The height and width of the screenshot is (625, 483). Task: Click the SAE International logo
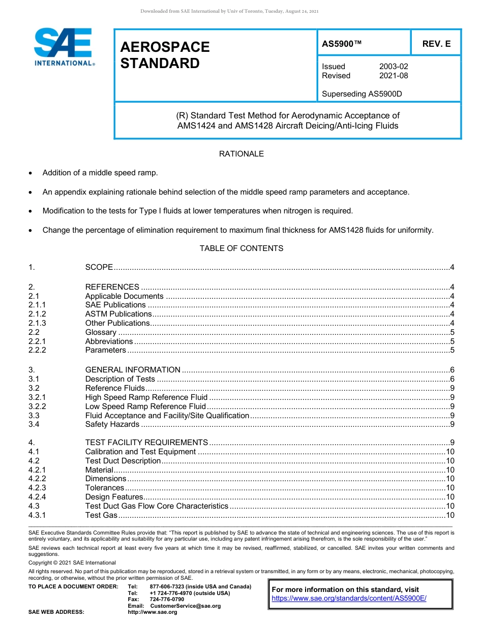pos(63,47)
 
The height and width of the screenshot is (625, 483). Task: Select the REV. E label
pos(436,44)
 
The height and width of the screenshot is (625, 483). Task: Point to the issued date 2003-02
pos(393,67)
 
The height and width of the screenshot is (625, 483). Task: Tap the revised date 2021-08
pos(393,76)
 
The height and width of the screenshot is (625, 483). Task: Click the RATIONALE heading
pos(241,153)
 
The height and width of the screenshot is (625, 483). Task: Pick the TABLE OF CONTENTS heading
pos(241,248)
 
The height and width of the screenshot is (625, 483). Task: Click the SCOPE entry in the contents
pos(99,267)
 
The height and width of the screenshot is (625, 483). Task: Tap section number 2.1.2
pos(37,314)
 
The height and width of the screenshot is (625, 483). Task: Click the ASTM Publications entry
pos(118,314)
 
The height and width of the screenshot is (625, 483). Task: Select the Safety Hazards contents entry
pos(112,424)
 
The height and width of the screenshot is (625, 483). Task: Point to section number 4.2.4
pos(37,497)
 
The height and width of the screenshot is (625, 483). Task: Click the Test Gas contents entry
pos(101,515)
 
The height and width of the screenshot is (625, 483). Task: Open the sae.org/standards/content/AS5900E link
pos(349,598)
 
